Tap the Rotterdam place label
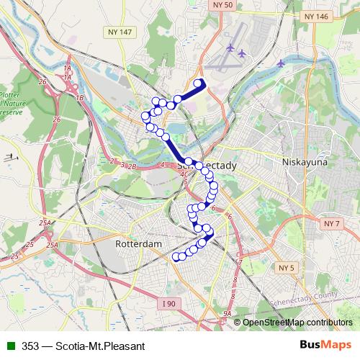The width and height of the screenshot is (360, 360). click(x=138, y=244)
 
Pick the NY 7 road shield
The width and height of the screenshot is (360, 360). click(x=332, y=224)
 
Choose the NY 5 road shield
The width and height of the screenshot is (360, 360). click(x=287, y=268)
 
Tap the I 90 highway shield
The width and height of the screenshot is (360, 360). click(x=168, y=305)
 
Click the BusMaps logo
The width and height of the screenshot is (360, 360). click(x=325, y=344)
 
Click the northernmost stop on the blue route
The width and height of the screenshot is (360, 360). click(x=198, y=84)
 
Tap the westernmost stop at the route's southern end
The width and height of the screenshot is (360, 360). click(x=175, y=256)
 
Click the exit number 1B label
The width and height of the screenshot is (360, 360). click(x=79, y=96)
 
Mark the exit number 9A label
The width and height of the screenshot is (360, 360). click(x=228, y=314)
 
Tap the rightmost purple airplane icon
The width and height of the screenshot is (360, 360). click(x=280, y=63)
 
